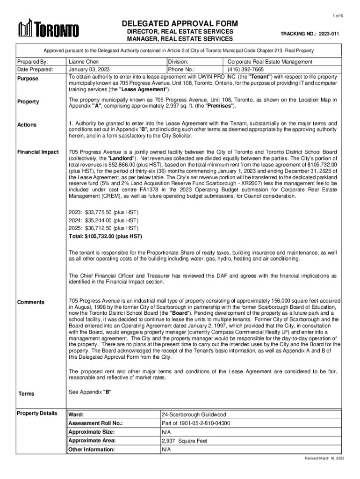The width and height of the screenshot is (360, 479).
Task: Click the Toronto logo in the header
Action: tap(48, 29)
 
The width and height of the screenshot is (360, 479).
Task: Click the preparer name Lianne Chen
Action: tap(84, 61)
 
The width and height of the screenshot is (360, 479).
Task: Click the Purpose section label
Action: tap(28, 79)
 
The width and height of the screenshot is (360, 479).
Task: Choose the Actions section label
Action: tap(27, 125)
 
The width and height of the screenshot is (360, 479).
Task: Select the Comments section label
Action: tap(31, 302)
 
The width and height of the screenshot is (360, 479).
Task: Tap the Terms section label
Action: tap(26, 394)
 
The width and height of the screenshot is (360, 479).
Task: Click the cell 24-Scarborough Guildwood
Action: tap(194, 415)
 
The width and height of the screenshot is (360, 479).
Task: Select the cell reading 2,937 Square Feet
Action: tap(184, 441)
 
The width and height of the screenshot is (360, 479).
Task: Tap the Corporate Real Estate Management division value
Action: tap(270, 61)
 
